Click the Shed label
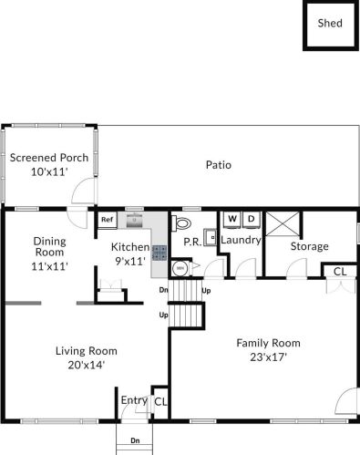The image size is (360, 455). click(x=330, y=23)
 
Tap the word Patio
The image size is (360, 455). click(x=219, y=165)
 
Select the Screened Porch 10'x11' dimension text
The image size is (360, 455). click(x=49, y=172)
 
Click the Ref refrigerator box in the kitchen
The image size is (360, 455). click(x=108, y=220)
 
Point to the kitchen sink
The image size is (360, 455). click(x=134, y=220)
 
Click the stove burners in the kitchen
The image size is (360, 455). click(x=159, y=253)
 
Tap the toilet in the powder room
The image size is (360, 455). click(x=181, y=223)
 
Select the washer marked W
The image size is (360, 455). click(x=232, y=220)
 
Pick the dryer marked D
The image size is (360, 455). click(x=251, y=220)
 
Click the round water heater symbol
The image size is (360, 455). click(x=180, y=268)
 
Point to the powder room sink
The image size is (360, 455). click(x=211, y=237)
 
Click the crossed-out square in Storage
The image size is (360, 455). click(x=283, y=223)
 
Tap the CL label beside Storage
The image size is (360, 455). click(x=340, y=272)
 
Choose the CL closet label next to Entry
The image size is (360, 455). click(x=160, y=402)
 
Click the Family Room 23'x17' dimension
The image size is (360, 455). click(x=269, y=357)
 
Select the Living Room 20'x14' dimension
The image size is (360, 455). click(x=87, y=365)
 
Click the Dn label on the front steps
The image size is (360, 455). click(x=135, y=440)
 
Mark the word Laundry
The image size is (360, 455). click(x=241, y=240)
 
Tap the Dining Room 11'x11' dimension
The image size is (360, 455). click(x=49, y=266)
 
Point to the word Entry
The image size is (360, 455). click(x=134, y=400)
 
